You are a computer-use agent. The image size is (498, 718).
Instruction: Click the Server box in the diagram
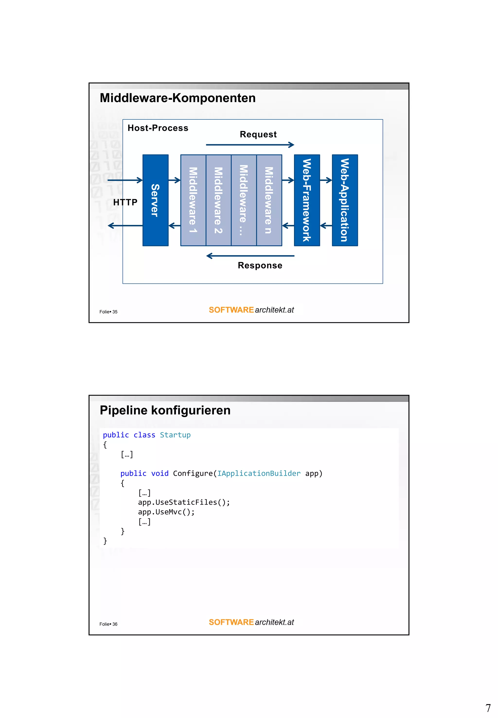(155, 200)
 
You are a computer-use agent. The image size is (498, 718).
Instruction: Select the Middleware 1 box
(193, 200)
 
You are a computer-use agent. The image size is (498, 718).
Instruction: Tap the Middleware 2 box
(218, 200)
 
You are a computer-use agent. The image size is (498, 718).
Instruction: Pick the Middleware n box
(269, 200)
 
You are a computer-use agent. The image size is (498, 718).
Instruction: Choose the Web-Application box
(345, 200)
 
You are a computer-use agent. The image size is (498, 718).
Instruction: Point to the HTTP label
(125, 202)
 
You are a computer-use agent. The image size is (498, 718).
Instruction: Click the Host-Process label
(158, 128)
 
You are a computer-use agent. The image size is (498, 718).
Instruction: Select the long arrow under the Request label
(250, 144)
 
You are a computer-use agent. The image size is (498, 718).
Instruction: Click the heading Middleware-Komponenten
(178, 98)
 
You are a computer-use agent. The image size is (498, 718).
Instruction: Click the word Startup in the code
(175, 435)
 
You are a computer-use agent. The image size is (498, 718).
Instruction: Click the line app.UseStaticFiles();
(184, 502)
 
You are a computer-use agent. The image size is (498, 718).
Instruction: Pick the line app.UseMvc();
(166, 512)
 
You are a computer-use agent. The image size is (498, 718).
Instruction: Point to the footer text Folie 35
(108, 312)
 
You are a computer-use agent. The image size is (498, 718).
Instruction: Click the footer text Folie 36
(108, 624)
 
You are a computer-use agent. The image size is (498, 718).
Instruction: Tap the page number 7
(488, 708)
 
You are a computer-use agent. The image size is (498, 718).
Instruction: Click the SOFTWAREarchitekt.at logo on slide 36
(251, 622)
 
